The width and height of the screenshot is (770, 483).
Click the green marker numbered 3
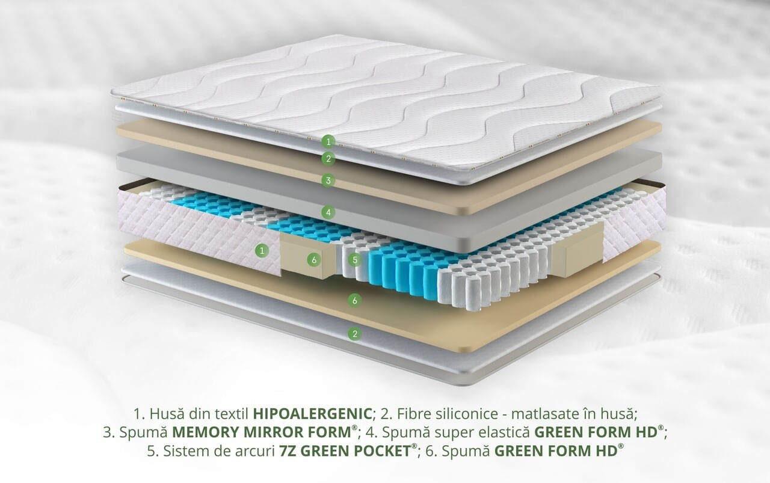click(x=328, y=180)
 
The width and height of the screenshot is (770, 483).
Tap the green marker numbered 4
click(x=328, y=212)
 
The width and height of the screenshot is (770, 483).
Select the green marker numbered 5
click(x=355, y=260)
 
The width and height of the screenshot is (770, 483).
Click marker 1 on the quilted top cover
click(x=328, y=141)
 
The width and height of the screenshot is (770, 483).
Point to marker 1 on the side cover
click(x=262, y=251)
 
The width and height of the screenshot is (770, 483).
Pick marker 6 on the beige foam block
click(x=314, y=260)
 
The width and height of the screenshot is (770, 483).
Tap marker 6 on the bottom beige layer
click(x=355, y=301)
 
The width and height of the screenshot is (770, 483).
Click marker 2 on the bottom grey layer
click(x=355, y=333)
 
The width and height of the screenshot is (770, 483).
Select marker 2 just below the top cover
click(x=328, y=158)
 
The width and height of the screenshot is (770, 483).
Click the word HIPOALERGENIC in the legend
click(x=312, y=414)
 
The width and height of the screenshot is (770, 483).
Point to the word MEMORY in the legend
click(x=206, y=432)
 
